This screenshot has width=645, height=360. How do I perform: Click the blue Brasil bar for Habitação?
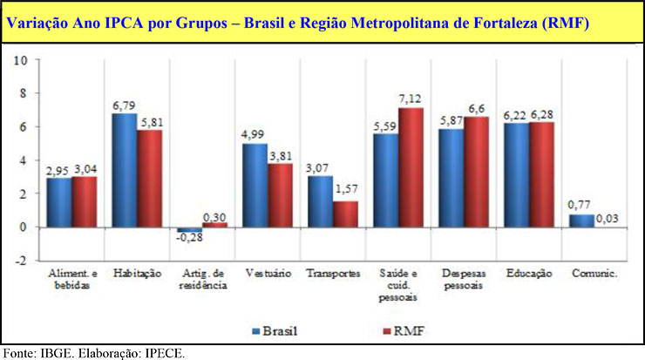click(x=124, y=170)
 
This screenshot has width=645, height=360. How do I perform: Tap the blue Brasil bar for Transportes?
click(x=320, y=201)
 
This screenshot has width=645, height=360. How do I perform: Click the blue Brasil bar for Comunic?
click(x=583, y=221)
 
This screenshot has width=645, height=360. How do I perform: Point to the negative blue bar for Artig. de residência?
click(x=189, y=229)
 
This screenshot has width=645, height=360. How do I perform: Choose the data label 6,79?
click(x=123, y=105)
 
